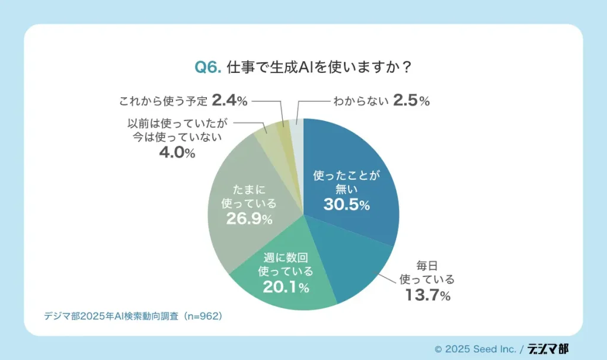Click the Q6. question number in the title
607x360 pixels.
pyautogui.click(x=208, y=68)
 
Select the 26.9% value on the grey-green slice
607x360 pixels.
pyautogui.click(x=249, y=219)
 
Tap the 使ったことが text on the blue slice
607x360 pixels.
pyautogui.click(x=347, y=176)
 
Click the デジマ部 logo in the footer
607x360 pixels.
pyautogui.click(x=548, y=349)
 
